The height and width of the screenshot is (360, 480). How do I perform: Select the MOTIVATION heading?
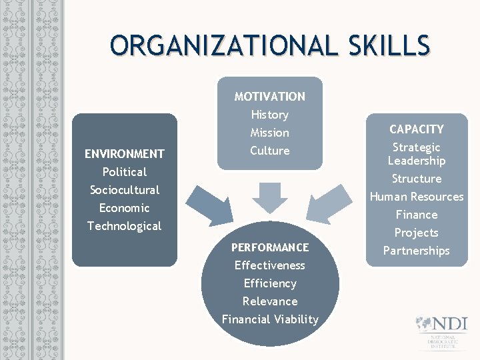tap(269, 97)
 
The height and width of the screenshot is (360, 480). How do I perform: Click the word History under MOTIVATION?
tap(269, 115)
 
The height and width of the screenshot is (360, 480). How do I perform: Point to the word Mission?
tap(269, 133)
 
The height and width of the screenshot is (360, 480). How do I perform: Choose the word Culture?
tap(269, 151)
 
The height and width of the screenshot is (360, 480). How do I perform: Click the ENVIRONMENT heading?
tap(124, 154)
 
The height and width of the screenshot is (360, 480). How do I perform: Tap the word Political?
tap(124, 172)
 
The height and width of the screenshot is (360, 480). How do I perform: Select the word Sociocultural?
tap(124, 190)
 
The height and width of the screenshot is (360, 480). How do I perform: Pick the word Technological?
tap(124, 226)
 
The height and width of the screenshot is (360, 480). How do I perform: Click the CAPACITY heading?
tap(417, 129)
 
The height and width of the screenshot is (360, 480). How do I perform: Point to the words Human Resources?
tap(417, 197)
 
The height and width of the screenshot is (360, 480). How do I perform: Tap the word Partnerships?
tap(417, 251)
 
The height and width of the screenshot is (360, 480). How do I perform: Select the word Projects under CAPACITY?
tap(417, 233)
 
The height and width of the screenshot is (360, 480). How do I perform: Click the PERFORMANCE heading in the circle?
tap(270, 247)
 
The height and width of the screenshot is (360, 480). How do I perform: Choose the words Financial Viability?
tap(270, 319)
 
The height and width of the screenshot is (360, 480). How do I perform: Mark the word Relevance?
tap(270, 301)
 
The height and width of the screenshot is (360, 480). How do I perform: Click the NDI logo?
tap(439, 331)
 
